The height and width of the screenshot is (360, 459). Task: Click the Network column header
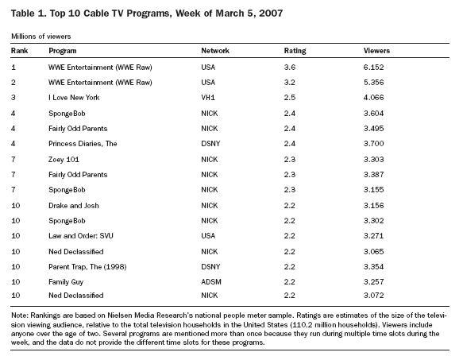pyautogui.click(x=215, y=51)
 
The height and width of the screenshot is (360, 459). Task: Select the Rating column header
pyautogui.click(x=295, y=51)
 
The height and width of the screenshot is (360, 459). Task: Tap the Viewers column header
pyautogui.click(x=376, y=51)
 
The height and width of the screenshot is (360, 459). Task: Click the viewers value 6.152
pyautogui.click(x=373, y=67)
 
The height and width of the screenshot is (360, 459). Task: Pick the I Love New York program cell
pyautogui.click(x=74, y=97)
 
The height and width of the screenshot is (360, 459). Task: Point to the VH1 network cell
pyautogui.click(x=208, y=97)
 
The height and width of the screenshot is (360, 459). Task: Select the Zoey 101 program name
pyautogui.click(x=64, y=160)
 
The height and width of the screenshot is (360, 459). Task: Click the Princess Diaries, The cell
pyautogui.click(x=83, y=144)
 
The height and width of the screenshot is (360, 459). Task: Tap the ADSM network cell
pyautogui.click(x=211, y=282)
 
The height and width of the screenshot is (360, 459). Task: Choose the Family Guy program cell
pyautogui.click(x=66, y=282)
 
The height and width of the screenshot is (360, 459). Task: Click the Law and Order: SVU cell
pyautogui.click(x=81, y=236)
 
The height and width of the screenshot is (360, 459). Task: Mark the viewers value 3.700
pyautogui.click(x=373, y=144)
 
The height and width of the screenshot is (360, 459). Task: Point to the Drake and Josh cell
pyautogui.click(x=74, y=205)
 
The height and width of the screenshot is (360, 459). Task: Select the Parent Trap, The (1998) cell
pyautogui.click(x=87, y=267)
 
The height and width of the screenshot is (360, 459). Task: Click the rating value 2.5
pyautogui.click(x=290, y=97)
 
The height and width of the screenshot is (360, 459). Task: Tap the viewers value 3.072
pyautogui.click(x=373, y=296)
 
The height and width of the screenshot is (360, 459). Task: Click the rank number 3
pyautogui.click(x=13, y=97)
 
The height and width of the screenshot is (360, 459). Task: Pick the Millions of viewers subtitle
pyautogui.click(x=41, y=37)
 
